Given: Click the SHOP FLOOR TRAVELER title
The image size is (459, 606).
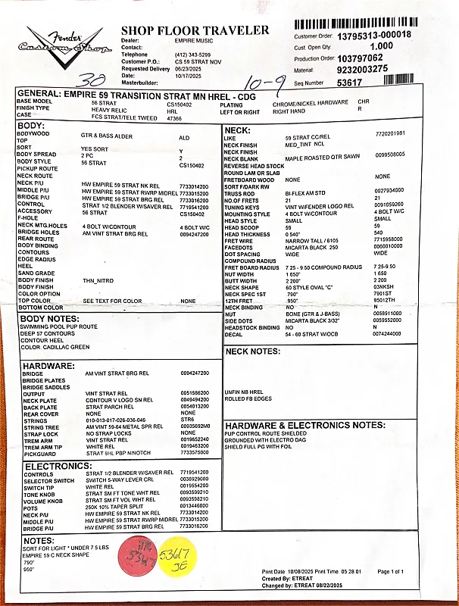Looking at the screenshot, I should (195, 30).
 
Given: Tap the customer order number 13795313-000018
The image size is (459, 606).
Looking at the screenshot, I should (374, 35).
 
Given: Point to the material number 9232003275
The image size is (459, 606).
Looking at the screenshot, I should (363, 68).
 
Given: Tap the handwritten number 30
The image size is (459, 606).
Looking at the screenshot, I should (97, 80).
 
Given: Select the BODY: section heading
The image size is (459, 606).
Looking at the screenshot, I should (31, 125).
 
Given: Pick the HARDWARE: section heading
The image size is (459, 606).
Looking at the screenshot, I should (47, 365).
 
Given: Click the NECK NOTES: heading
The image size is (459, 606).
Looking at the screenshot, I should (253, 351).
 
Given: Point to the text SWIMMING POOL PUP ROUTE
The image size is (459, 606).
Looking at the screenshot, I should (59, 326).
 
